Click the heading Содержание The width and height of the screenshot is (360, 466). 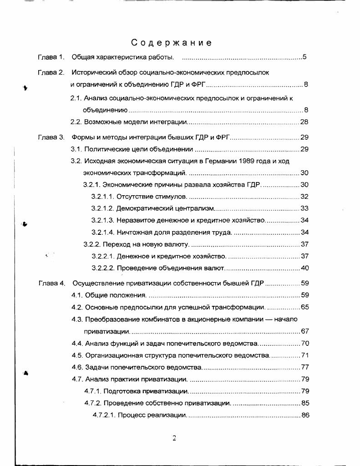(x=172, y=43)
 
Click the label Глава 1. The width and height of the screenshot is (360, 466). (x=51, y=57)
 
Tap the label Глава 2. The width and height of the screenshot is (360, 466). (x=51, y=72)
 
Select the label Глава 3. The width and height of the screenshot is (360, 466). (x=51, y=137)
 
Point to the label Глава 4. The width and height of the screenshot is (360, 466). (x=51, y=283)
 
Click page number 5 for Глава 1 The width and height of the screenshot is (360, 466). (x=305, y=57)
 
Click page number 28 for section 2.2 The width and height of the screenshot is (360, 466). (x=304, y=122)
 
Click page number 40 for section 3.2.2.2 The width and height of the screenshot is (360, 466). (x=304, y=268)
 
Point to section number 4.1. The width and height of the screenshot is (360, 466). (x=77, y=295)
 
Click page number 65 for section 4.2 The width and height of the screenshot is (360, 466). (x=304, y=307)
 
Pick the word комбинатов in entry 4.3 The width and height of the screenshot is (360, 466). (x=145, y=319)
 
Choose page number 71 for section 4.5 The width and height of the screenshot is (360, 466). (x=304, y=355)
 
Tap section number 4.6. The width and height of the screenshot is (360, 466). (x=77, y=367)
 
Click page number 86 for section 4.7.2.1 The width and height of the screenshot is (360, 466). (x=304, y=415)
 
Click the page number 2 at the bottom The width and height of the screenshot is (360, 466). (x=174, y=439)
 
